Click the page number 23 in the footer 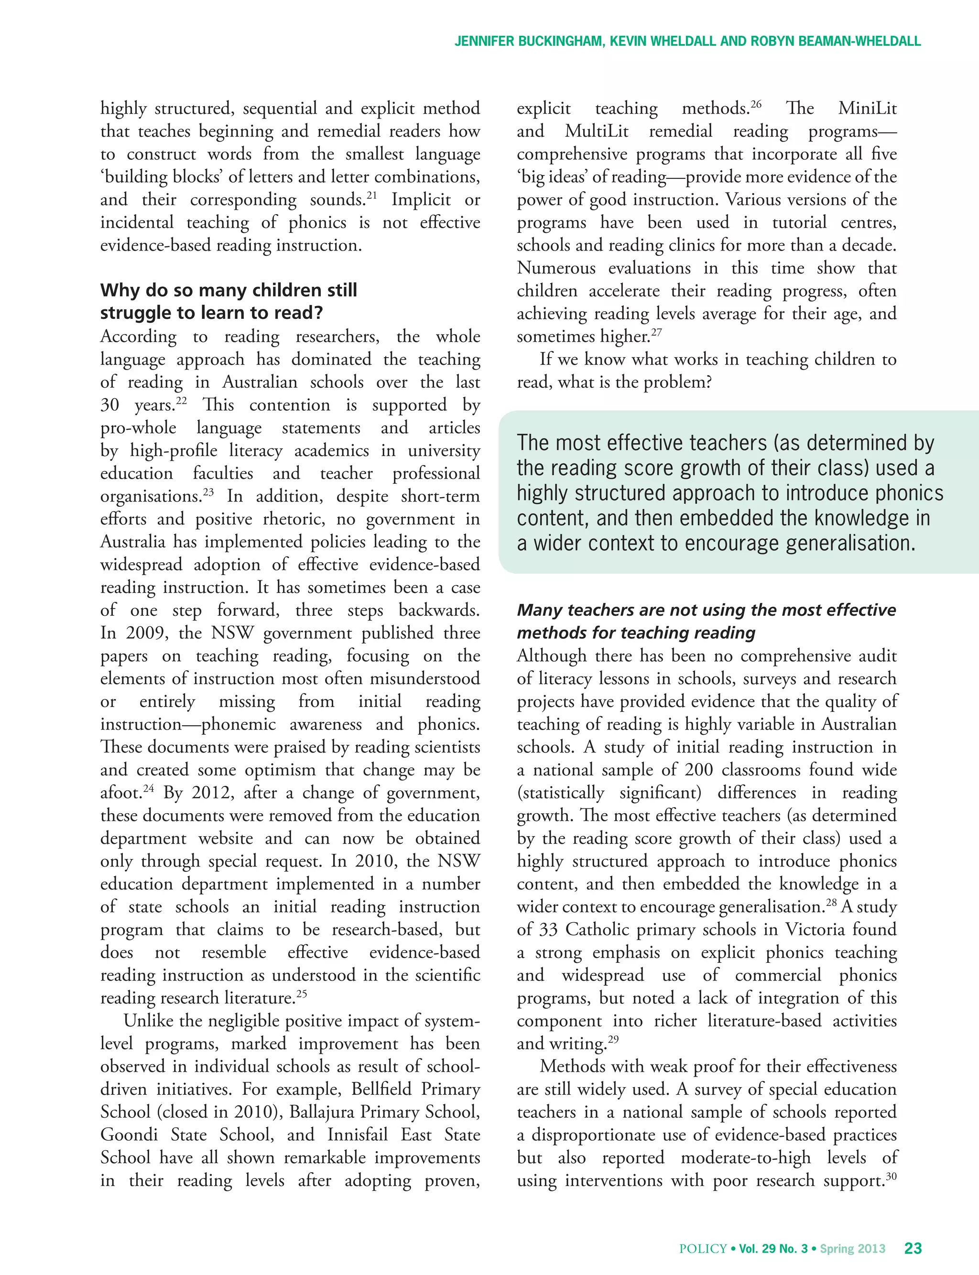[913, 1248]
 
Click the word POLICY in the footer [703, 1248]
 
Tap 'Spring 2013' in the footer [852, 1248]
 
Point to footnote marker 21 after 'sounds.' [371, 195]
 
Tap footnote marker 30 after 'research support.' [891, 1176]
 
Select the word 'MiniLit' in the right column [867, 109]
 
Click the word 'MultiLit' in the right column [596, 131]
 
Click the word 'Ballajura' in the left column [321, 1112]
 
